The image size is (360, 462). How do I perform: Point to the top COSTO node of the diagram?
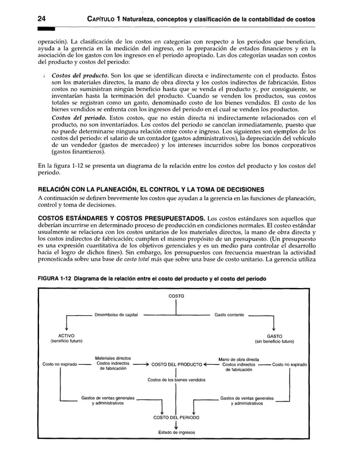pyautogui.click(x=177, y=296)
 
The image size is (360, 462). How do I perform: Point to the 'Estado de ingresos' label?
pyautogui.click(x=177, y=433)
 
